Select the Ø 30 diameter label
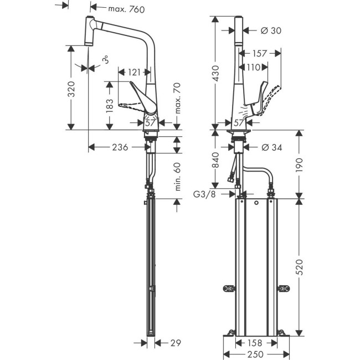pos(271,30)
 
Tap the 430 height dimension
pos(218,72)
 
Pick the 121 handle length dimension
pos(133,72)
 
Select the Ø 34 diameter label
pos(271,147)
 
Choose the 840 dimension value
pos(218,159)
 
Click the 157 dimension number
pos(258,54)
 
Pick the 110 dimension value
pos(253,67)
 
